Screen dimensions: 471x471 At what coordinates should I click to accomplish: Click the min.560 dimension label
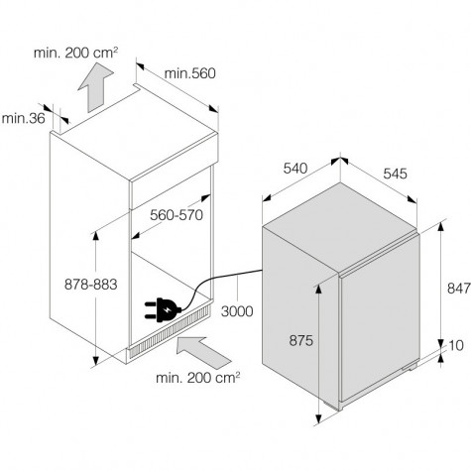coord(190,73)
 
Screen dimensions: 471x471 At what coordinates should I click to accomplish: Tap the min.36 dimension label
coord(23,118)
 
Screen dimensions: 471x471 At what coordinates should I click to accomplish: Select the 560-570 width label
coord(177,215)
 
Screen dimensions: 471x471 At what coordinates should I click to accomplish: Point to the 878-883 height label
coord(91,285)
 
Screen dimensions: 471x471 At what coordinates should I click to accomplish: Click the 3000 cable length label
coord(237,311)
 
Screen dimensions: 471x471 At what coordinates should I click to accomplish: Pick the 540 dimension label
coord(295,169)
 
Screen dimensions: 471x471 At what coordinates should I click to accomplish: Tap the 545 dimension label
coord(396,174)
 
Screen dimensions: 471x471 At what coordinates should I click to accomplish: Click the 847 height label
coord(459,289)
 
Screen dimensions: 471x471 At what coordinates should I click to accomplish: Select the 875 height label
coord(300,340)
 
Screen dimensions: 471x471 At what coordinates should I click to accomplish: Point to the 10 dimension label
coord(456,346)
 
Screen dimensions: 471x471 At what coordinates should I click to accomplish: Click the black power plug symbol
coord(163,310)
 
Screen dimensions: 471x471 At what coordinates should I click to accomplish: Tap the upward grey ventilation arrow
coord(95,87)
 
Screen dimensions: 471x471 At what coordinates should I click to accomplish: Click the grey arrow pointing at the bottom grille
coord(203,353)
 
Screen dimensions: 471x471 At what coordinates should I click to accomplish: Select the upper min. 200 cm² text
coord(75,53)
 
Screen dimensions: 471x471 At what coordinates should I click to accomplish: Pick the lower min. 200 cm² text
coord(198,378)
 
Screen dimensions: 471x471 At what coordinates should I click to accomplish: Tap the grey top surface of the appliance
coord(340,227)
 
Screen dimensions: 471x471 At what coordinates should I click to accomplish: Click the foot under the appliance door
coord(410,366)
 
